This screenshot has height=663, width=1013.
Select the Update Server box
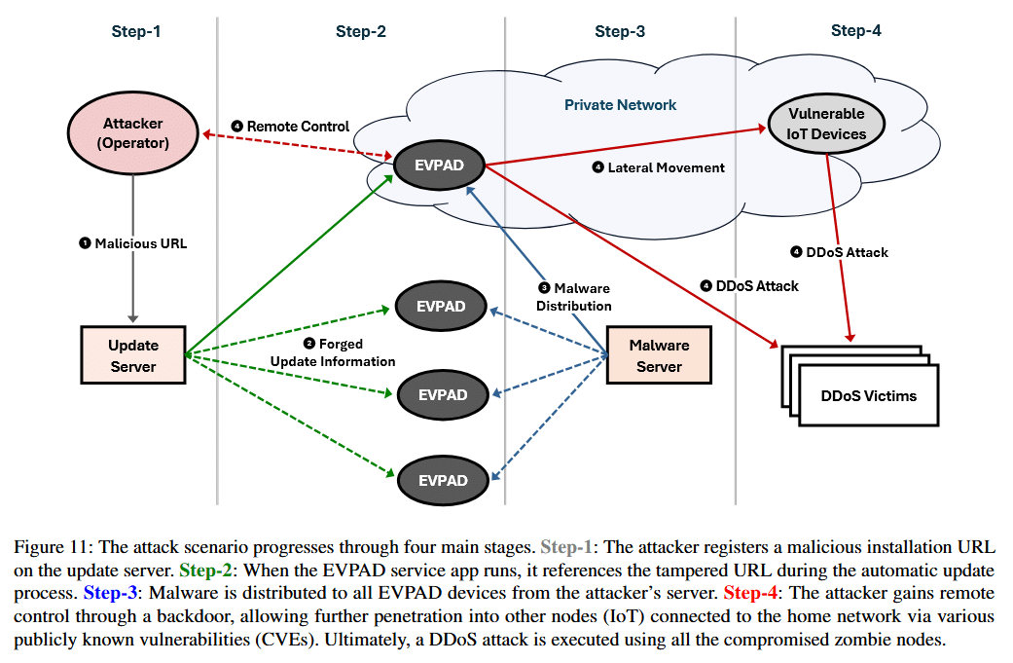point(133,355)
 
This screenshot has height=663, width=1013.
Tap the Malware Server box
point(659,355)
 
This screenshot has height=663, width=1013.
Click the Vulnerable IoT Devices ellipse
point(826,124)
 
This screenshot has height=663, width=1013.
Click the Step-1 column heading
point(135,31)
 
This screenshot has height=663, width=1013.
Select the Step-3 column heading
point(620,31)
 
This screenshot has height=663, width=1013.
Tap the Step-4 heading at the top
point(855,30)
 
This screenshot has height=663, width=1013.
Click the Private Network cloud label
point(620,104)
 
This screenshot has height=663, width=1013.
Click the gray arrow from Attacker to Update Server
point(134,273)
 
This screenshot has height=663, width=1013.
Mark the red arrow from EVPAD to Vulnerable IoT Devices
point(623,146)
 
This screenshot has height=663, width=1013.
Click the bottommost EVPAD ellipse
point(443,480)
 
